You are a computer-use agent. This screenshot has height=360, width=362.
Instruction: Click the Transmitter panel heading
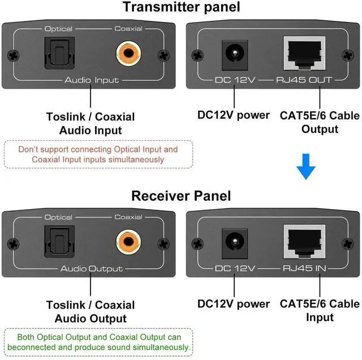tap(181, 7)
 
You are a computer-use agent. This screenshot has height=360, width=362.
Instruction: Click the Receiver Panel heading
tap(181, 196)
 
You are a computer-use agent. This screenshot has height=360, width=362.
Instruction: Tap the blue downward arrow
tap(306, 167)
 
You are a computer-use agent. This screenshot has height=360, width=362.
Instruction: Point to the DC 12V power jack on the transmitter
tap(232, 55)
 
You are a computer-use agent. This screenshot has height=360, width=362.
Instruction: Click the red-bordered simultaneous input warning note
tap(98, 154)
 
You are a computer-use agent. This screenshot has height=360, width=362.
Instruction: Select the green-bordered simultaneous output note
tap(98, 342)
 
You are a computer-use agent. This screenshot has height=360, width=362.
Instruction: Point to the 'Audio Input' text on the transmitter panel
tap(91, 80)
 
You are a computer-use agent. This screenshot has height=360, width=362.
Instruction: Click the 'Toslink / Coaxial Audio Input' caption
tap(90, 123)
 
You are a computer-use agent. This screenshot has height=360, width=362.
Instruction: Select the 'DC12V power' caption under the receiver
tap(233, 304)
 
